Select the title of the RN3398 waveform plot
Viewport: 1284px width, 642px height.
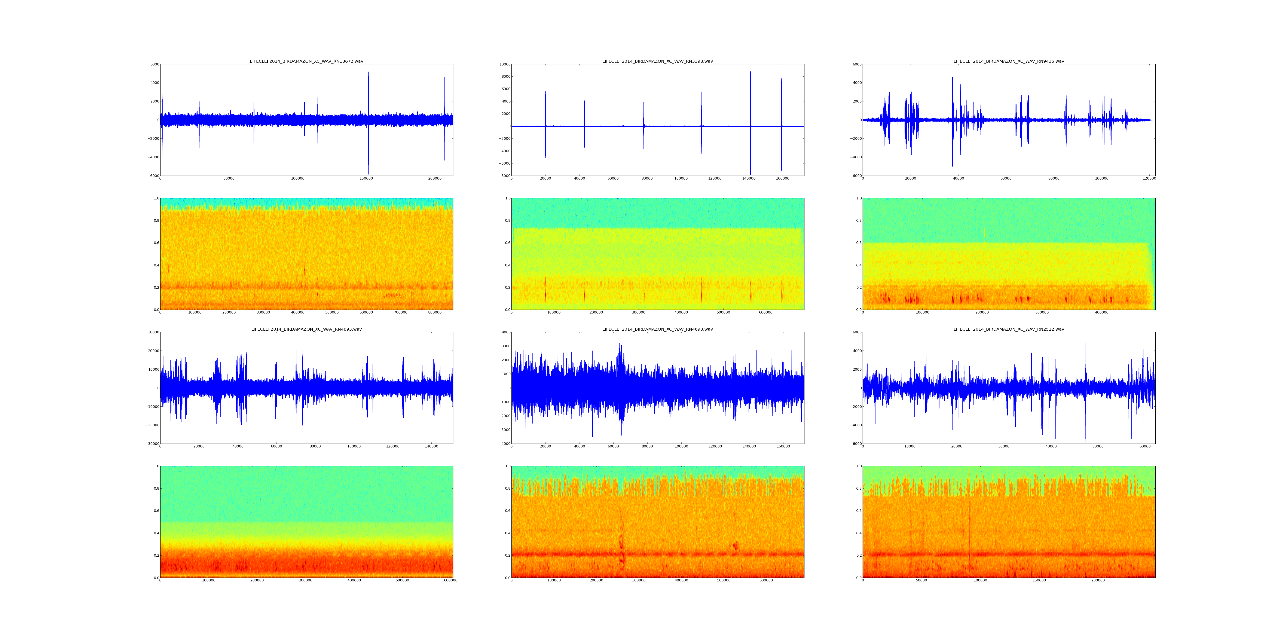(657, 61)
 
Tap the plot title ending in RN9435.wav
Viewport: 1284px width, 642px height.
(1008, 61)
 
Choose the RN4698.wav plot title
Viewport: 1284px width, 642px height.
(657, 330)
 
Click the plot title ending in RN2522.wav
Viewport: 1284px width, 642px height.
(1008, 330)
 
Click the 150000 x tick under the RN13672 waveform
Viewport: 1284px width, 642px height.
(366, 178)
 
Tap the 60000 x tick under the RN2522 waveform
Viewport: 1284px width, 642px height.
(1145, 447)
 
